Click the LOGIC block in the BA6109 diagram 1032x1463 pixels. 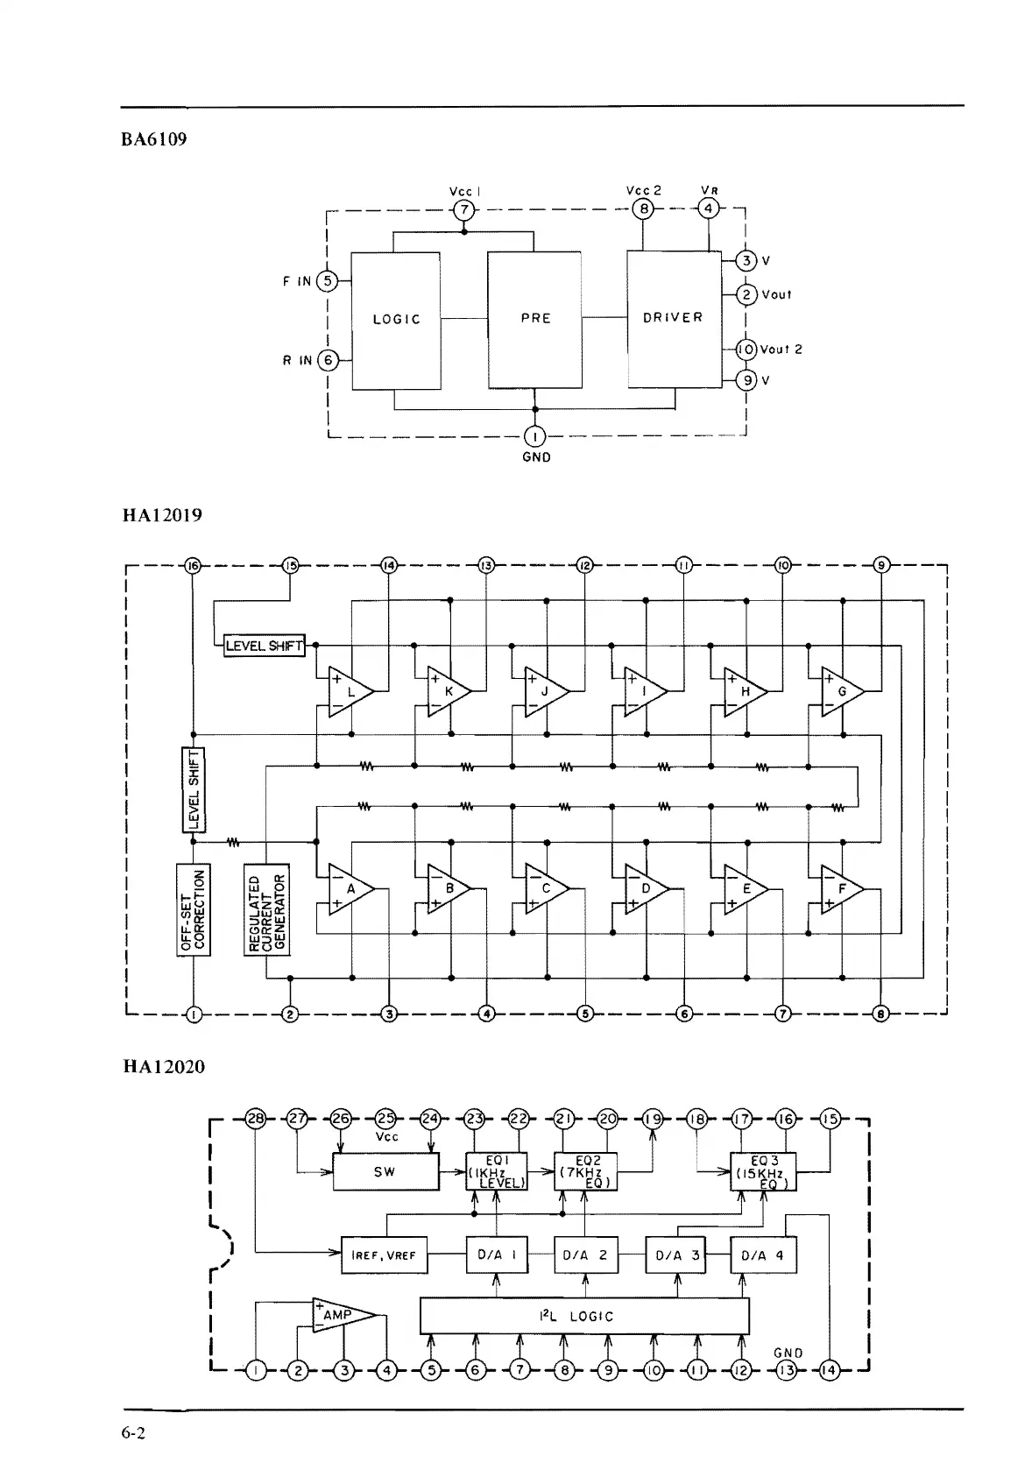click(395, 320)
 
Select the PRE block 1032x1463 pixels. click(534, 320)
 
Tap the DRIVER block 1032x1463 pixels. click(673, 318)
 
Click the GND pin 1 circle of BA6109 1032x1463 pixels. click(535, 435)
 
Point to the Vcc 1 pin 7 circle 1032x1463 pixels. click(463, 210)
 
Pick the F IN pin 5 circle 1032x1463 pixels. click(327, 281)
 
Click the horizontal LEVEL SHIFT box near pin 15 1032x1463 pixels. click(264, 647)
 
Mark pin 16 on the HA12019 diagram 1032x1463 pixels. click(193, 565)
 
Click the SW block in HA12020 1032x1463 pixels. click(385, 1171)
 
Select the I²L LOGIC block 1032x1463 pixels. click(584, 1316)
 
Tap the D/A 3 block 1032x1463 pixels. click(674, 1255)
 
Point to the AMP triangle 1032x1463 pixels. click(343, 1315)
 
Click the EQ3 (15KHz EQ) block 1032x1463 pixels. click(763, 1171)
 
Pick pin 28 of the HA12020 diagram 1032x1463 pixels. click(255, 1119)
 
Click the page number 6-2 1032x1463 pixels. click(134, 1434)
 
